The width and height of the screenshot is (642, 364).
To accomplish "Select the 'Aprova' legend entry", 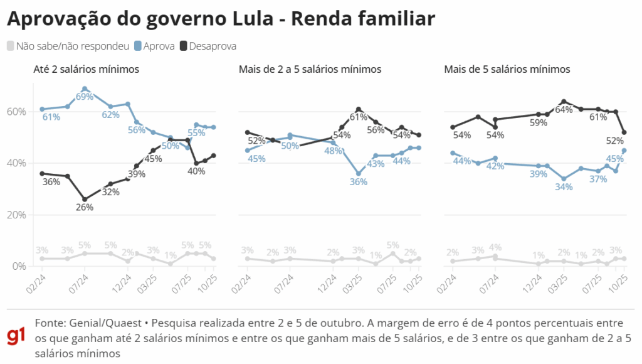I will tap(158, 46).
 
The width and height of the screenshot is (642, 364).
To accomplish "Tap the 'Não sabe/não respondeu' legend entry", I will tap(72, 46).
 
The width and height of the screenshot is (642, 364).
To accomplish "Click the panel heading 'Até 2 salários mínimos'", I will tap(86, 69).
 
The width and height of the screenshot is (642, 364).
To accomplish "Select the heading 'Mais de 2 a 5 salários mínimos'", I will tap(310, 69).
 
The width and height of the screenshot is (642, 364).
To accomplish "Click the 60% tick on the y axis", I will tap(17, 112).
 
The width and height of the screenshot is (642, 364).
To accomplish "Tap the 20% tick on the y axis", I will tap(17, 215).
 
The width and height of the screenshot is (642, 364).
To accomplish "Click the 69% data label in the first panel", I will tap(85, 97).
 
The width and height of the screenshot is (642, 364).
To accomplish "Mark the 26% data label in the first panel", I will tap(85, 207).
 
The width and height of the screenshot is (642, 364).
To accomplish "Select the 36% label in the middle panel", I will tap(359, 182).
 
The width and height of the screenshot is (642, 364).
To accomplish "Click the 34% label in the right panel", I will tap(564, 187).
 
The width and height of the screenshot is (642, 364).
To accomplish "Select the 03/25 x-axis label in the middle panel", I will tap(357, 281).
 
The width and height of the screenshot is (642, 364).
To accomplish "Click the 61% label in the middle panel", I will tap(358, 117).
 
